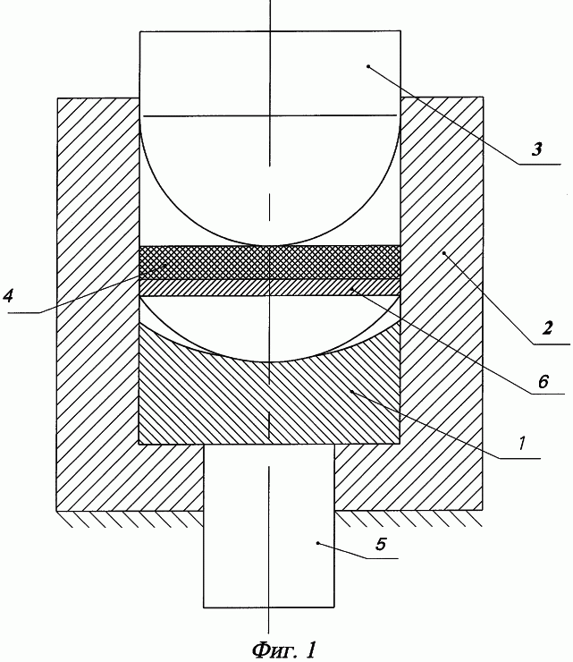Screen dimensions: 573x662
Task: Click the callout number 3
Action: coord(536,150)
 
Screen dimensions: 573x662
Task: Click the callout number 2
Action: coord(547,328)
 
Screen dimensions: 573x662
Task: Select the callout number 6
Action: coord(543,381)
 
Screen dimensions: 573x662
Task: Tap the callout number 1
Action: coord(521,444)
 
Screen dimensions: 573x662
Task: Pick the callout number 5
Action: coord(380,544)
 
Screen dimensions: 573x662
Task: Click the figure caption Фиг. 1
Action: coord(284,649)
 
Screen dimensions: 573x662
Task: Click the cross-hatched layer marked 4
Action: coord(270,262)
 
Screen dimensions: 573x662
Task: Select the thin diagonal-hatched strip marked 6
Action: coord(270,287)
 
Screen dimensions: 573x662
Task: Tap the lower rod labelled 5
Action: coord(269,526)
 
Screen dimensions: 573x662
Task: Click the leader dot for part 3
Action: coord(368,66)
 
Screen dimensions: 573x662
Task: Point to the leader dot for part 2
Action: coord(444,253)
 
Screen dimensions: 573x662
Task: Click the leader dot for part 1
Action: coord(351,392)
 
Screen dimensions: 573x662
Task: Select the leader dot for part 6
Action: coord(351,288)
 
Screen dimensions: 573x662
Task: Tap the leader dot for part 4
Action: coord(167,265)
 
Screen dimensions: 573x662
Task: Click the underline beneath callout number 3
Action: coord(540,164)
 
